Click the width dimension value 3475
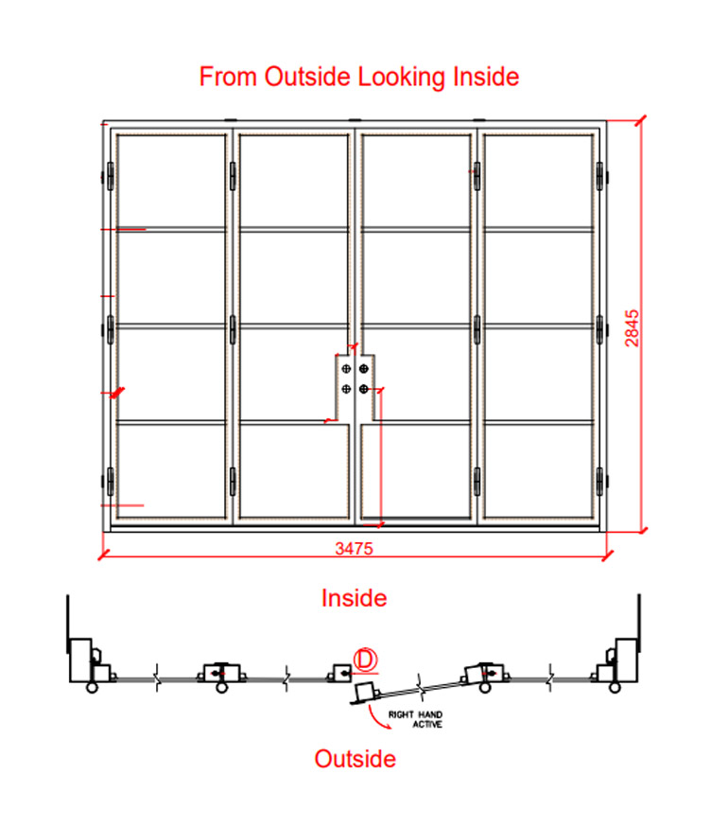click(354, 549)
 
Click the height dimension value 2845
click(632, 327)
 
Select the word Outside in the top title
click(307, 77)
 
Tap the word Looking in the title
click(402, 77)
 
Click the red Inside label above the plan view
click(355, 598)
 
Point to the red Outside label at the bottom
click(355, 759)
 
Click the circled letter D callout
click(365, 660)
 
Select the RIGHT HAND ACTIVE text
click(415, 719)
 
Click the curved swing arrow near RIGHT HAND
click(378, 718)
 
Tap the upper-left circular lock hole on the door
click(346, 368)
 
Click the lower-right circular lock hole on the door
click(363, 389)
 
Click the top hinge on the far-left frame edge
click(110, 176)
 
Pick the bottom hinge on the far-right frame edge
click(599, 481)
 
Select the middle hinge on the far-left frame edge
click(110, 329)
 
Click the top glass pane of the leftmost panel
click(171, 181)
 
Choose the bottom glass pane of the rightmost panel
click(539, 471)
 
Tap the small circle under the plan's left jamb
click(92, 687)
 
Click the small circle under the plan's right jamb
click(615, 687)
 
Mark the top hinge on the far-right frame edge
click(599, 176)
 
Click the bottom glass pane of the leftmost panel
click(171, 471)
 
